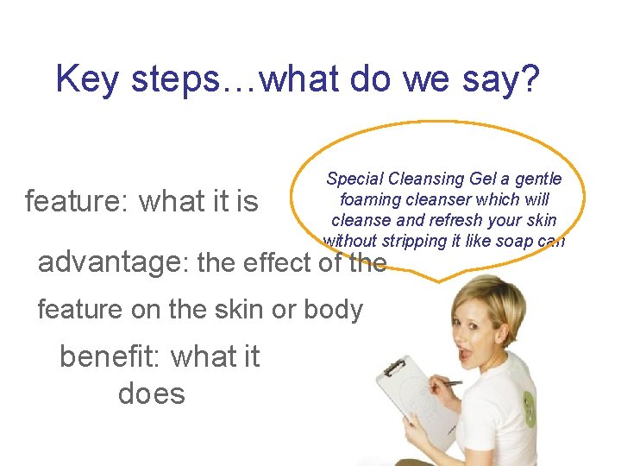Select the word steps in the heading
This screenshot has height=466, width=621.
point(169,79)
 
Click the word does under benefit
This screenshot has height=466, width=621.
point(151,394)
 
